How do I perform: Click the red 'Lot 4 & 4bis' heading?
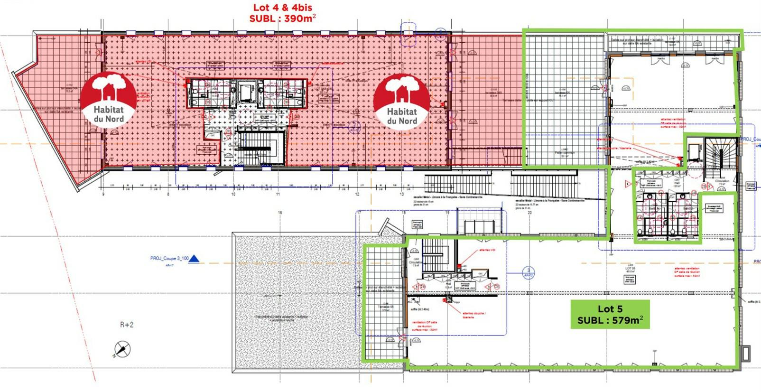coord(282,8)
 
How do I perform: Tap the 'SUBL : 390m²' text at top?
coord(282,19)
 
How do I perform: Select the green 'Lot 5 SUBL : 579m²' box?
coord(610,314)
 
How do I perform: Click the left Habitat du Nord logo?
coord(108,100)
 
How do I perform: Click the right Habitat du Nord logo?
coord(401,102)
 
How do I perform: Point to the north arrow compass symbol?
coord(122,350)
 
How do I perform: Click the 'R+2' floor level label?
coord(127,325)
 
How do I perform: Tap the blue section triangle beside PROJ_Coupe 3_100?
coord(194,259)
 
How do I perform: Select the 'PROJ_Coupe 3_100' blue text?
coord(169,259)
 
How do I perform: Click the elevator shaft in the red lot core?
coord(246,93)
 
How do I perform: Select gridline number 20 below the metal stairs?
coord(529,213)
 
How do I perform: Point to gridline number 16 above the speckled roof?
coord(280,213)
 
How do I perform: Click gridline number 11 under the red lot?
coord(278,194)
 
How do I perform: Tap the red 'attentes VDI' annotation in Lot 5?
coord(487,250)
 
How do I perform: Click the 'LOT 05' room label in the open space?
coord(630,269)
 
